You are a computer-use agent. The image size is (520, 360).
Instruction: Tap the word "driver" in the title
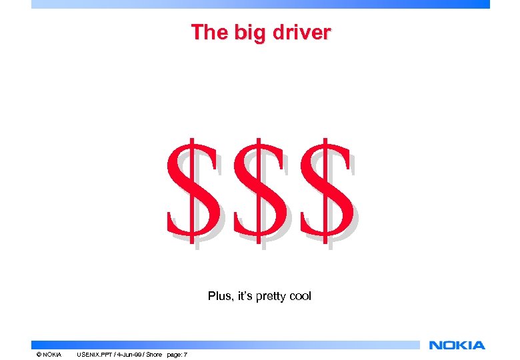pos(298,32)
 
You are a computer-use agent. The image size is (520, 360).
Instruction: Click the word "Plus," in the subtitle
pos(219,296)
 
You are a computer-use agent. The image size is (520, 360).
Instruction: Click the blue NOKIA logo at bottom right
pos(457,345)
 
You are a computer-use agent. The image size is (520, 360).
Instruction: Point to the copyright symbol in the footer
pos(39,354)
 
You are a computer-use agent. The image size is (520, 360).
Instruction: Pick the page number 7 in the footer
pos(186,354)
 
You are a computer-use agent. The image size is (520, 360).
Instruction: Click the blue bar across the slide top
pos(260,4)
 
